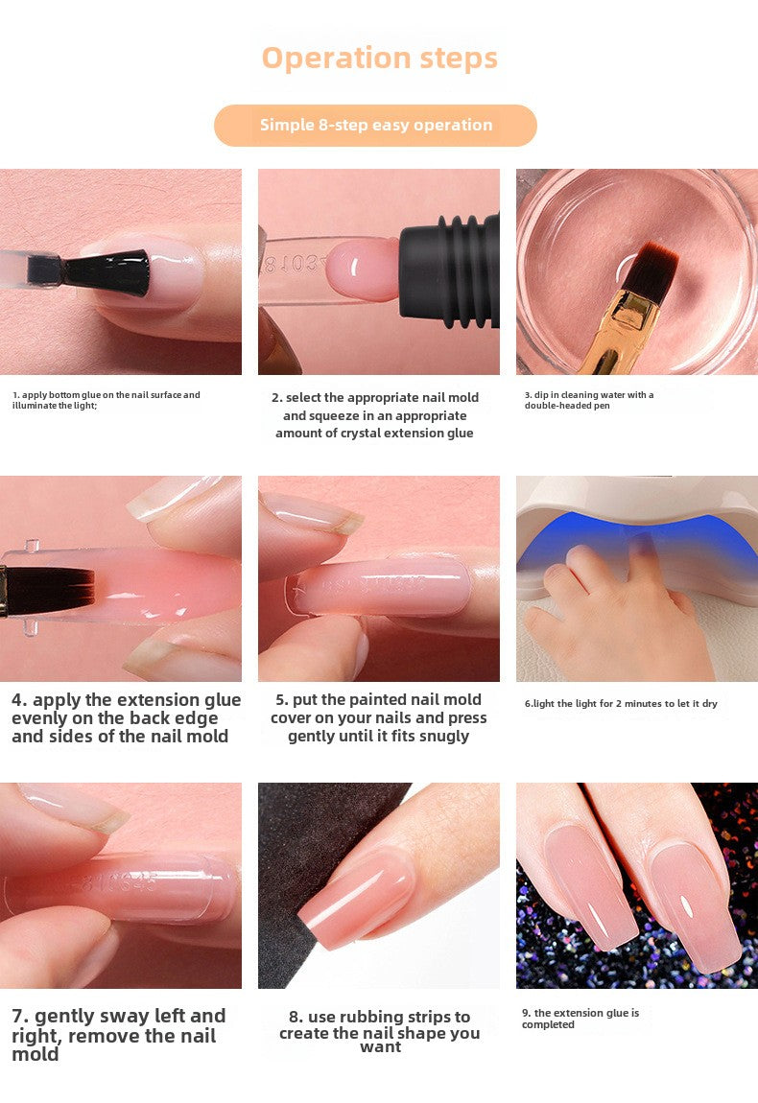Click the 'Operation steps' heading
click(379, 59)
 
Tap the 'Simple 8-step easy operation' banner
click(375, 126)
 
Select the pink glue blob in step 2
click(363, 269)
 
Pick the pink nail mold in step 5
click(380, 586)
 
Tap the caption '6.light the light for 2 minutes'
click(621, 703)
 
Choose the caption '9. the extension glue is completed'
click(580, 1019)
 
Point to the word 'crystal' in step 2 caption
click(365, 434)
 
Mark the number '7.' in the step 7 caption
click(20, 1017)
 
